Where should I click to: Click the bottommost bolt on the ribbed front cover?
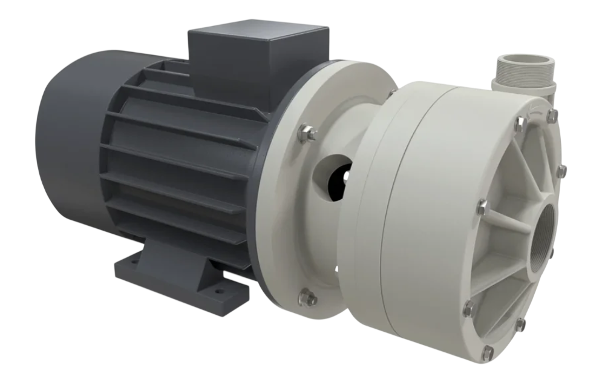(488, 350)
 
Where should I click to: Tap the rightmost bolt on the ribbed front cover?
(561, 171)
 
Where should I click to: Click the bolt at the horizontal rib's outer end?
(482, 207)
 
